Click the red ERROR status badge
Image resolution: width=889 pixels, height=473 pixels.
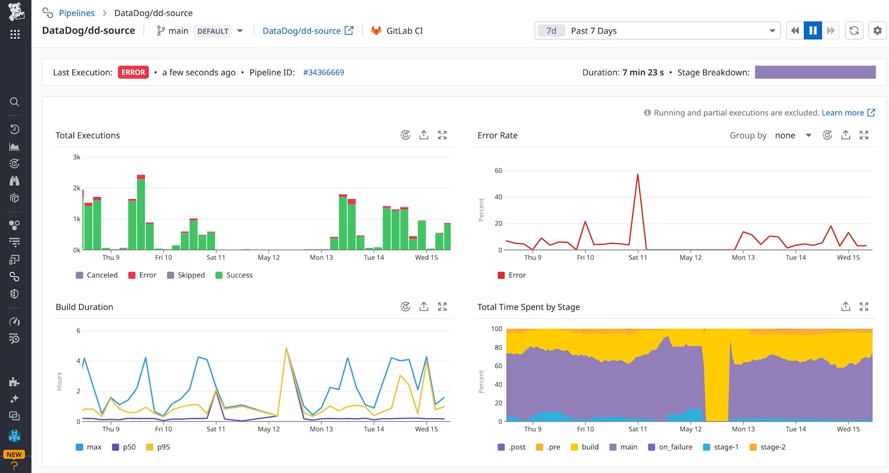133,72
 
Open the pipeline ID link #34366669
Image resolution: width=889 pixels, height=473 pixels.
323,72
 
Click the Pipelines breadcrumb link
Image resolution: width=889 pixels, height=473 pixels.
77,13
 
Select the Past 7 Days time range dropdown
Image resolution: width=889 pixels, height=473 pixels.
657,31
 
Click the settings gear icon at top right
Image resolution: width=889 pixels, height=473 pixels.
877,31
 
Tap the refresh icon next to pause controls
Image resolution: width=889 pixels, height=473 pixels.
854,31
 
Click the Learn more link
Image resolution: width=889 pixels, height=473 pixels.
843,113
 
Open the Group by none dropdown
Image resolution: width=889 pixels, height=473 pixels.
792,135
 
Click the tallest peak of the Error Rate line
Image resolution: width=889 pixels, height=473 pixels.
638,175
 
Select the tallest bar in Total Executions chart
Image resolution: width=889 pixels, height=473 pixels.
141,212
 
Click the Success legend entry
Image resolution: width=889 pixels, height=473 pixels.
234,275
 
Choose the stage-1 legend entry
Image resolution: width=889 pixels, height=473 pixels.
721,447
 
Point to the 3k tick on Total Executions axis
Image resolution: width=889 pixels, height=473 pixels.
77,157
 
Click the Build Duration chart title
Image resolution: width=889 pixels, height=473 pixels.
84,307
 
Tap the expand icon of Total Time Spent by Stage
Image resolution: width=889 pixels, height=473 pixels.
864,307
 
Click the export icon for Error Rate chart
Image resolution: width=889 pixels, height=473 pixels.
845,135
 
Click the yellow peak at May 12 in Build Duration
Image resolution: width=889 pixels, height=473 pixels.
286,348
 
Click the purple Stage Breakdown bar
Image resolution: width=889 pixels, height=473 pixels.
815,72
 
